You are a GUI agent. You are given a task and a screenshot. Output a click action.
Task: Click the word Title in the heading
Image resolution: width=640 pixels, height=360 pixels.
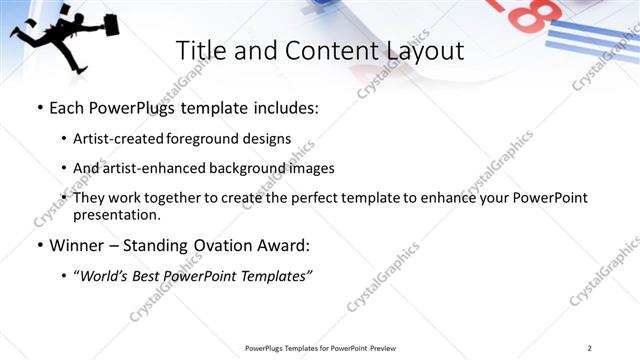(x=200, y=51)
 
